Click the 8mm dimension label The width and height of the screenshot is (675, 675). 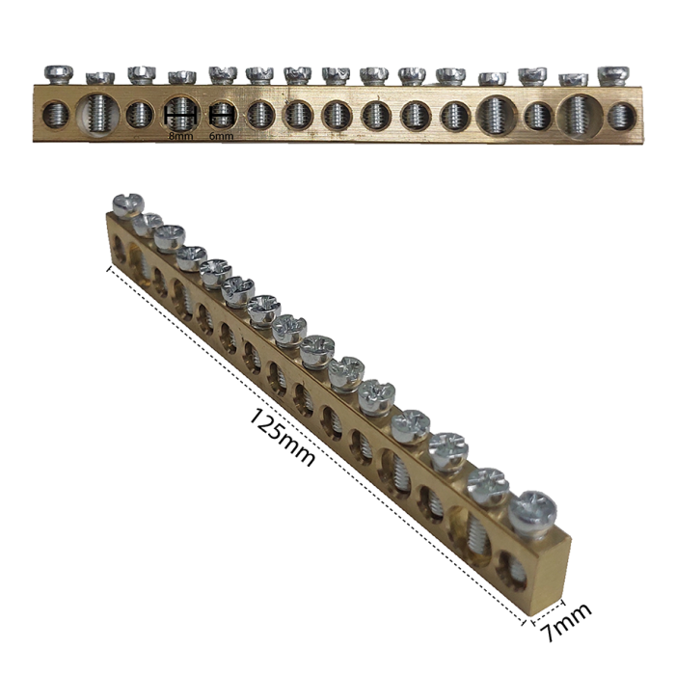(x=181, y=137)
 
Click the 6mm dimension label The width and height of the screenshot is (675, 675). (x=221, y=137)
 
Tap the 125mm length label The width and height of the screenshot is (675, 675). (x=282, y=437)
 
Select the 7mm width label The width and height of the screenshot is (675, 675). (x=566, y=623)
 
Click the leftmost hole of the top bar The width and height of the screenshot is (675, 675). (x=56, y=116)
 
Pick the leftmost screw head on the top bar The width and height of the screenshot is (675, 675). (x=59, y=74)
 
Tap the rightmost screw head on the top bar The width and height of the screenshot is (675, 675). (x=613, y=75)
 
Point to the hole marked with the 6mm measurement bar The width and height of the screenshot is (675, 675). (x=221, y=115)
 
